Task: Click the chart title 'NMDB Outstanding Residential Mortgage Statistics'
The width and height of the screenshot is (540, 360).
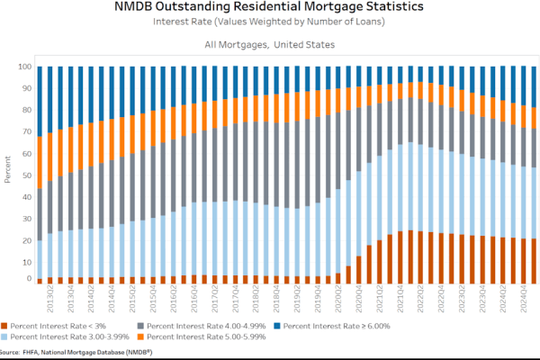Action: (x=270, y=8)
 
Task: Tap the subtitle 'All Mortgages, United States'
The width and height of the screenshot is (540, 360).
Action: (x=270, y=44)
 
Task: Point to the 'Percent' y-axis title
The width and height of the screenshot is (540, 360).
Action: (x=6, y=172)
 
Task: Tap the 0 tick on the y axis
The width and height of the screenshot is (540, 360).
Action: (x=29, y=279)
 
